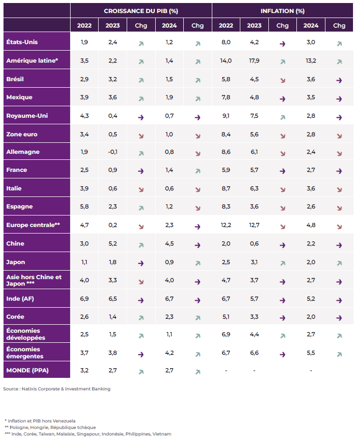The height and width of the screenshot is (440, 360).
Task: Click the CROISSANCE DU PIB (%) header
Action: click(141, 11)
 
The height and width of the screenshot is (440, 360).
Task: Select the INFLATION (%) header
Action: click(282, 11)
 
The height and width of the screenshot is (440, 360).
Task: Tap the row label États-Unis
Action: click(22, 42)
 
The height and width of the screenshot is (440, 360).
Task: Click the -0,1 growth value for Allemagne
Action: click(113, 152)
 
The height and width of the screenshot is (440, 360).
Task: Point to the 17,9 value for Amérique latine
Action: click(254, 61)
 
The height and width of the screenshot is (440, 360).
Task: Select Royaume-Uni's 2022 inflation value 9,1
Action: click(226, 116)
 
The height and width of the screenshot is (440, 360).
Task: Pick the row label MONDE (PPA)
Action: click(25, 371)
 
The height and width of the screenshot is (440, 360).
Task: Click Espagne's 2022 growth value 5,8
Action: click(85, 207)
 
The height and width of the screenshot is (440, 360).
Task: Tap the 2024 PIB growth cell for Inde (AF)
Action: click(169, 299)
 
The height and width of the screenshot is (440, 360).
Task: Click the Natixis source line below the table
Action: click(57, 389)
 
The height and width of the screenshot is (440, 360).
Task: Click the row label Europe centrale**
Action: click(33, 225)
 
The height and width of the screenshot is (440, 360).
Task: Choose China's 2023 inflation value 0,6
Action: click(254, 244)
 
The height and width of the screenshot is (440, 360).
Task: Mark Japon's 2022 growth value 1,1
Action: click(85, 262)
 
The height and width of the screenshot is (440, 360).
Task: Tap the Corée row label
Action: click(16, 317)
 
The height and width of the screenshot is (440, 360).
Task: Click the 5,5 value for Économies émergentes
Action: click(311, 353)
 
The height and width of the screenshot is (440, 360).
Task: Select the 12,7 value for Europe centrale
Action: click(254, 225)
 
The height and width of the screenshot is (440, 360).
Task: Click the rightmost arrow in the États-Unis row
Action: click(339, 44)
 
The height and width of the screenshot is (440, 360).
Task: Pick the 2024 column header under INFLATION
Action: click(311, 26)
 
